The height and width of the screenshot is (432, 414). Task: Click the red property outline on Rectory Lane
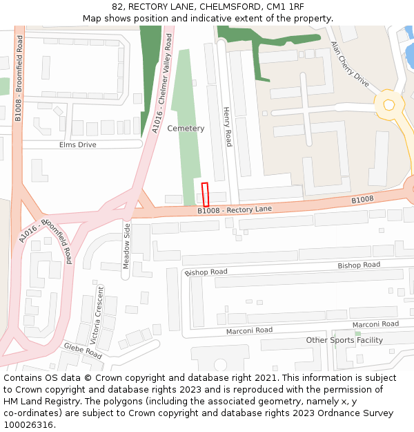coord(205,194)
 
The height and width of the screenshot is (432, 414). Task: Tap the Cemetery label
coord(186,129)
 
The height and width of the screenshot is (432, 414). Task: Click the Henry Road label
coord(228,126)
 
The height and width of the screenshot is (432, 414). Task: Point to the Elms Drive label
coord(78,145)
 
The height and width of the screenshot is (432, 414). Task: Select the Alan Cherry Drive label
coord(350,63)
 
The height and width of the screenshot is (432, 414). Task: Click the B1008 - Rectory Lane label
coord(235,209)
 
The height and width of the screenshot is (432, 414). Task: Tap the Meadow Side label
coord(126,246)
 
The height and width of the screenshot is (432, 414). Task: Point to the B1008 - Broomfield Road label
coord(19,78)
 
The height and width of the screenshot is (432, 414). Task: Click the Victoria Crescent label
coord(97,315)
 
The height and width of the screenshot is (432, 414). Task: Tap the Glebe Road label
coord(83,350)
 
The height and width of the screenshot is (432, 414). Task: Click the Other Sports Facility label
coord(344,340)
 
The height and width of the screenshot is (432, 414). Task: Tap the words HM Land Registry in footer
coord(37,402)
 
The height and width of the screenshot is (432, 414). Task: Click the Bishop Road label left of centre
coord(206,272)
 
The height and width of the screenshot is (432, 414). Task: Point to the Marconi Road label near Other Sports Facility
coord(375,324)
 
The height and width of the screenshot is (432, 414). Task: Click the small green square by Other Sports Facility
coord(357,333)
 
